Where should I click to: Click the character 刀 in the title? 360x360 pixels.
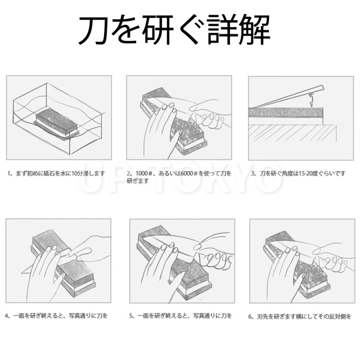[93, 30]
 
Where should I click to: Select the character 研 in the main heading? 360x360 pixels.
[158, 30]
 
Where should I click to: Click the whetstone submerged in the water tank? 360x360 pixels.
[56, 123]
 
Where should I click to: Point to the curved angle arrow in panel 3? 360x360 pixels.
[312, 100]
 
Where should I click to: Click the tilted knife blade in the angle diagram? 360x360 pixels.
[289, 96]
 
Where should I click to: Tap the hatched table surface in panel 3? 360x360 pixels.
[292, 133]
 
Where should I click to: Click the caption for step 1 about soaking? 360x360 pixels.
[56, 173]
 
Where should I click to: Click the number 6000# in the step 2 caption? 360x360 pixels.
[189, 173]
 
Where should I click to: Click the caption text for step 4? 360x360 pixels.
[56, 316]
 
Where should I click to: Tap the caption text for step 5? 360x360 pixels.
[181, 316]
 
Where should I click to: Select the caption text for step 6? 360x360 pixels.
[300, 317]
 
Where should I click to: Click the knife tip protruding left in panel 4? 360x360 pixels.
[27, 270]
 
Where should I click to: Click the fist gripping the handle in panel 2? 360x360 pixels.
[208, 118]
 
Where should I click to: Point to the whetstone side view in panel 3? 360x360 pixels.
[286, 112]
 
